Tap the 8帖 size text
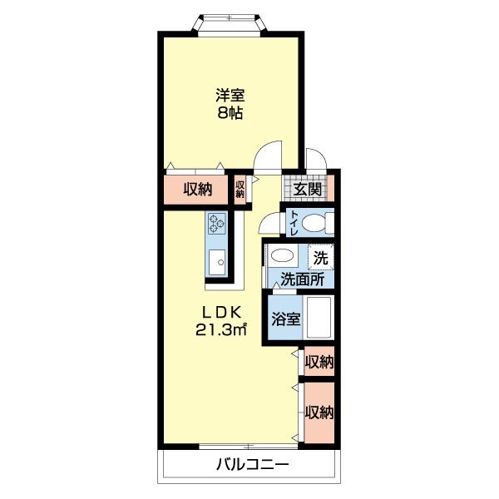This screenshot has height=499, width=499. (x=230, y=114)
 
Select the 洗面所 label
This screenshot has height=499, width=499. (x=302, y=279)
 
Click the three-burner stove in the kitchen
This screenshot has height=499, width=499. (x=217, y=224)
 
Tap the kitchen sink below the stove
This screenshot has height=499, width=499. (x=217, y=262)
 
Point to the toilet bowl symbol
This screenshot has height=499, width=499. (x=316, y=224)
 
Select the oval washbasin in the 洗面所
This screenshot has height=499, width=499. (x=284, y=256)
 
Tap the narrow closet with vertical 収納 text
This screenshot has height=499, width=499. (x=240, y=190)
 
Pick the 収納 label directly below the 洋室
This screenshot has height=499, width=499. (x=197, y=190)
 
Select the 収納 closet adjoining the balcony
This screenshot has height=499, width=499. (x=318, y=413)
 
